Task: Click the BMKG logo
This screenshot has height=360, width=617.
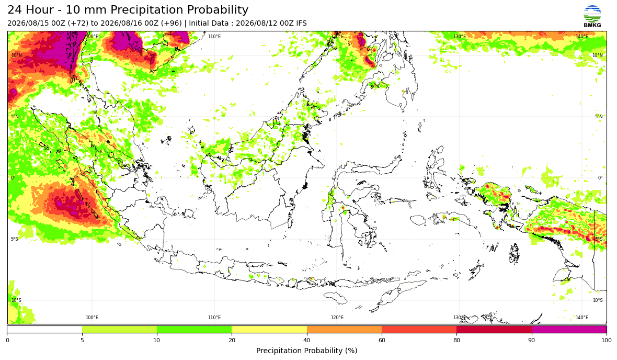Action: click(x=592, y=17)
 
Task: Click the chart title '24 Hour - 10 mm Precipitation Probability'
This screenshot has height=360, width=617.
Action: click(x=128, y=10)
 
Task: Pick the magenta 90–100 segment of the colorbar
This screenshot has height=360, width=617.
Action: click(x=569, y=329)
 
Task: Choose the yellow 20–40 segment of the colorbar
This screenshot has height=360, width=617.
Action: click(x=269, y=329)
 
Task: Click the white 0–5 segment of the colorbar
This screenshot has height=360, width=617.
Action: click(x=44, y=329)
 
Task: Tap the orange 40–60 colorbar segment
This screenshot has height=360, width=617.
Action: click(x=344, y=329)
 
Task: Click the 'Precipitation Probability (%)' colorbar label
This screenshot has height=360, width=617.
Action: click(x=306, y=351)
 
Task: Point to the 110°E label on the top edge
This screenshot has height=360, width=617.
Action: click(x=214, y=37)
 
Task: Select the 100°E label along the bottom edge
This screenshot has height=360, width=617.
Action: click(x=92, y=318)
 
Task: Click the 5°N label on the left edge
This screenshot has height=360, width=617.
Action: click(x=15, y=117)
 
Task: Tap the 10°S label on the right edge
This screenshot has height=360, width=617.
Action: click(x=598, y=300)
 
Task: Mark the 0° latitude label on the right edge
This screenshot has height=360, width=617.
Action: click(x=600, y=177)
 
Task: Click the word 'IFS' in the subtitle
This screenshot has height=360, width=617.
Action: click(x=301, y=23)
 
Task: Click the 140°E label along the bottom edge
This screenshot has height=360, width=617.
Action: click(x=582, y=318)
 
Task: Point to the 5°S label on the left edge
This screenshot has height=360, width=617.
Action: click(x=15, y=239)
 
